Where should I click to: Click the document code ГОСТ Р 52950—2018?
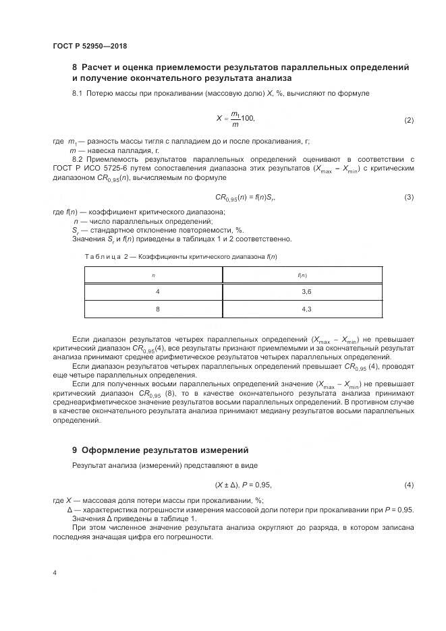click(90, 46)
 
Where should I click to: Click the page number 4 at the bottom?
click(55, 572)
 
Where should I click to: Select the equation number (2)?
click(408, 120)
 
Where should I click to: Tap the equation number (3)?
click(408, 197)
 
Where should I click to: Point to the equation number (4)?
click(408, 485)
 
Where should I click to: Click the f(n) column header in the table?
click(303, 275)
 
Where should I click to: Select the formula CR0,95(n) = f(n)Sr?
click(246, 197)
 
